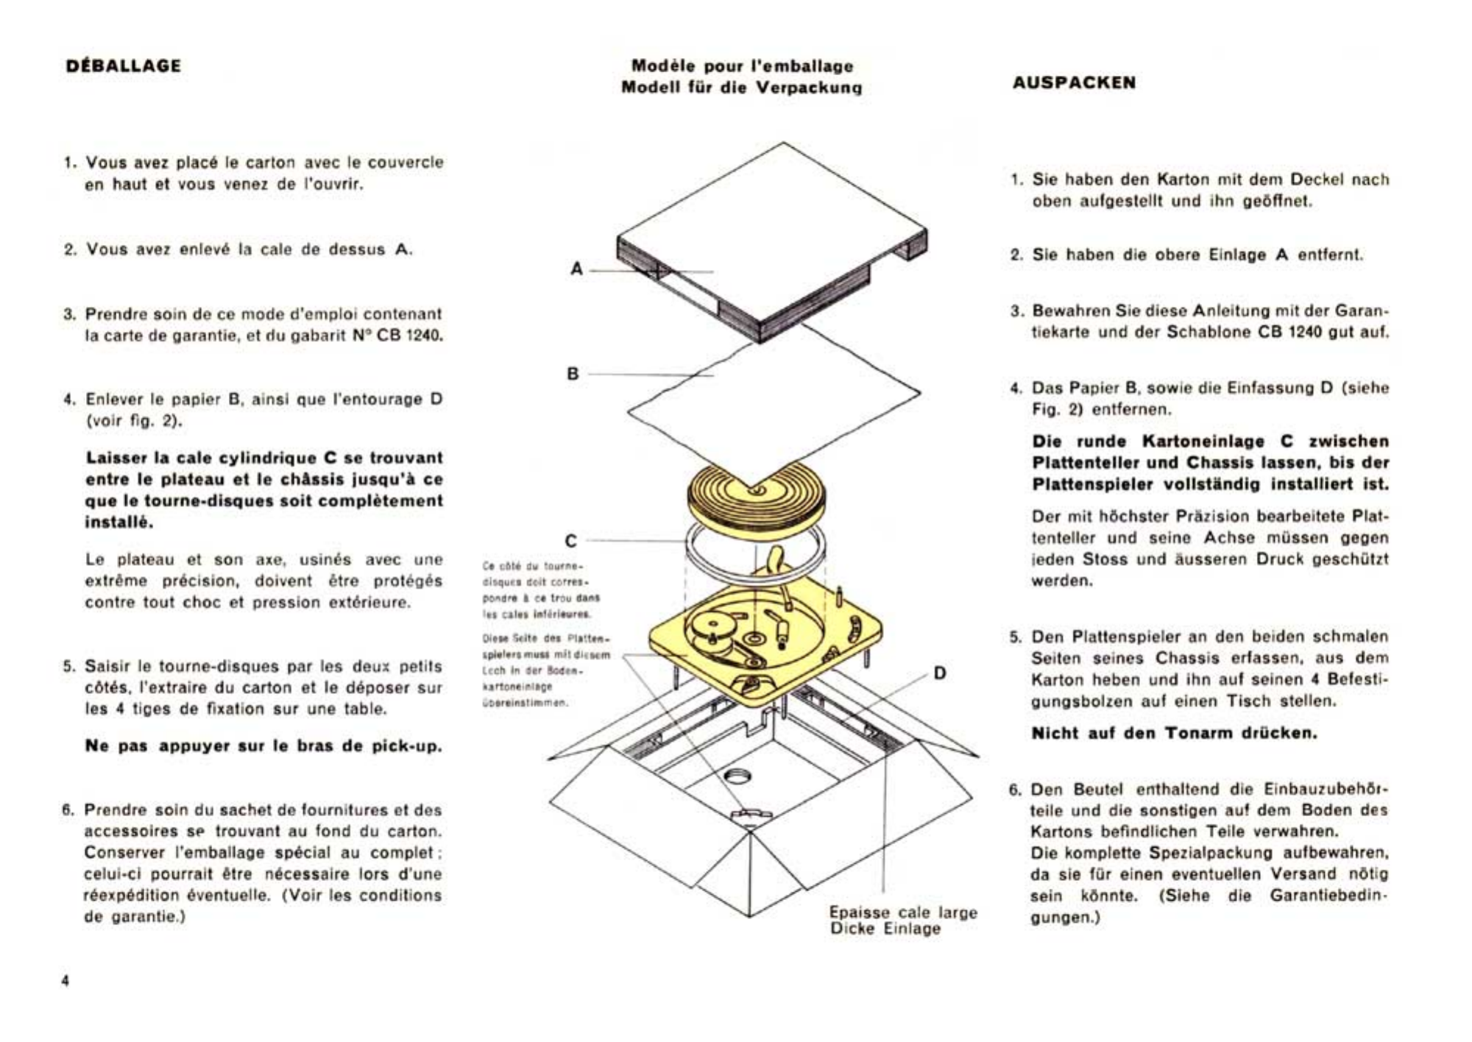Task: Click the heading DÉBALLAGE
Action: (x=123, y=65)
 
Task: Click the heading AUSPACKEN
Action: (x=1073, y=82)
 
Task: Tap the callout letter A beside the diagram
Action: (x=576, y=269)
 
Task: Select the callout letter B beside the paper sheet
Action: (x=573, y=374)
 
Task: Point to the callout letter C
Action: (x=570, y=541)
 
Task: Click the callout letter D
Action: (x=940, y=673)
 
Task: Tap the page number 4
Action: (x=66, y=981)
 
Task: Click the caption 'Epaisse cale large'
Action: (x=903, y=912)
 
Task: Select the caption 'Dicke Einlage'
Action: (x=885, y=929)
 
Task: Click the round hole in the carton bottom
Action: (x=738, y=775)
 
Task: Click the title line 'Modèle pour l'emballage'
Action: (x=742, y=66)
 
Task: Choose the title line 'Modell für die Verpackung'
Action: (x=741, y=88)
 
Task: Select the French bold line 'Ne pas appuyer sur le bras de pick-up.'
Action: (x=263, y=745)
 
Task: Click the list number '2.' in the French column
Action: (x=70, y=250)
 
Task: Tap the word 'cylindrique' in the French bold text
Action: (x=272, y=458)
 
